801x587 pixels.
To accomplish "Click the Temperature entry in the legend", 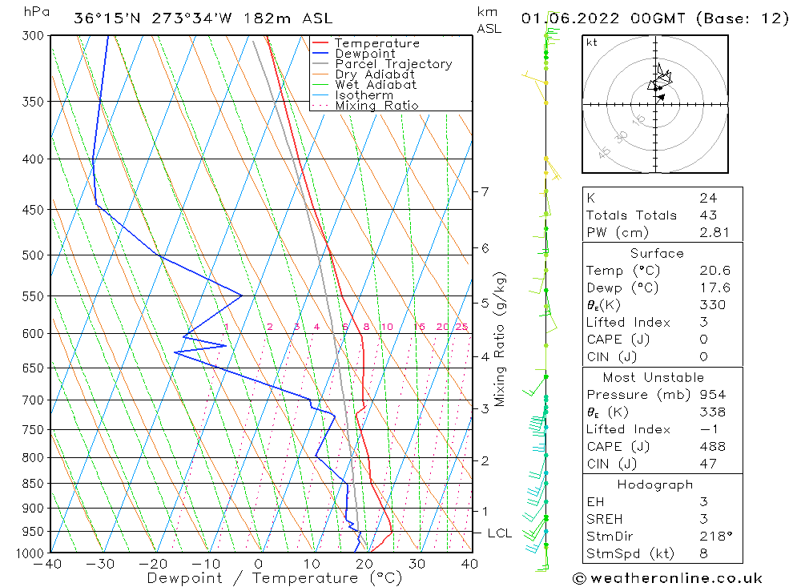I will (x=376, y=43).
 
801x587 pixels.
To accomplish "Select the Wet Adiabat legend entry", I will (x=376, y=85).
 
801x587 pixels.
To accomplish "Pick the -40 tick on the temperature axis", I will (x=50, y=564).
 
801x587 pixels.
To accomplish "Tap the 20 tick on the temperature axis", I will (x=364, y=564).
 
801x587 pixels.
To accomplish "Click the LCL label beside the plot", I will (x=499, y=533).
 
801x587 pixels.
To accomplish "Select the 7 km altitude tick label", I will (x=484, y=191).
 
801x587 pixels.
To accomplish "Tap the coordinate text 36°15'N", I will (x=107, y=18).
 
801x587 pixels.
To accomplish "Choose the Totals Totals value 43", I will (x=709, y=215).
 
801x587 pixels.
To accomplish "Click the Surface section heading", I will (x=657, y=254).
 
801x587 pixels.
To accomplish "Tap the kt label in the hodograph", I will (x=591, y=42).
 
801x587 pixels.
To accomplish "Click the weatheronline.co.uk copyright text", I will (x=667, y=578).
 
